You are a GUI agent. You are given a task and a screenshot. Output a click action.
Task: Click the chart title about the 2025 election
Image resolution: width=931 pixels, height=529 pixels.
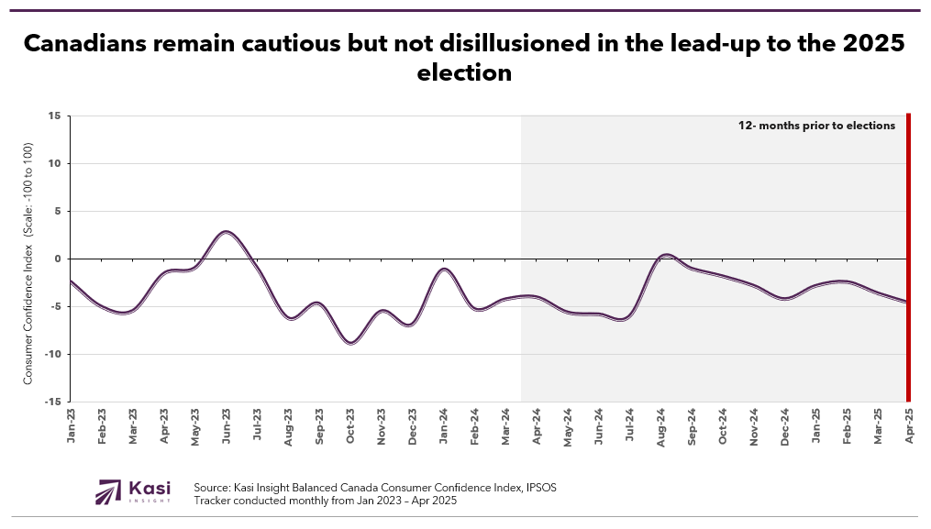click(464, 57)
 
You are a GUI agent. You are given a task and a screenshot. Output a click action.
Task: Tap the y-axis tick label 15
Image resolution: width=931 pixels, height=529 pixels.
click(55, 116)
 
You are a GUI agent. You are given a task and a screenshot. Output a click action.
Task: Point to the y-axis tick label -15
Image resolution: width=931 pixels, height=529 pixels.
click(53, 402)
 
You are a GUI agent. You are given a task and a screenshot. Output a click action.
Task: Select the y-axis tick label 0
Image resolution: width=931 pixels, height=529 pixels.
click(57, 259)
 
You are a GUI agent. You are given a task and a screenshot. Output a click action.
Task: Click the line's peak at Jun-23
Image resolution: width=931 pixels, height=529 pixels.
click(226, 232)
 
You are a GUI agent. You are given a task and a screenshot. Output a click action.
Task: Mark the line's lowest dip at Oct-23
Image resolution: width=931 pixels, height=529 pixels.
click(350, 343)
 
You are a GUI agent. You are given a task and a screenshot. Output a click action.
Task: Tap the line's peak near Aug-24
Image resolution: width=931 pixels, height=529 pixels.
click(667, 255)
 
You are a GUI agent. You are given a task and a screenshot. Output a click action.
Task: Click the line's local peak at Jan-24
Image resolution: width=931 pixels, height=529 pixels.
click(444, 270)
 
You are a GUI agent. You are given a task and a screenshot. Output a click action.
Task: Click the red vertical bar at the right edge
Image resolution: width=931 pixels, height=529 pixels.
click(908, 257)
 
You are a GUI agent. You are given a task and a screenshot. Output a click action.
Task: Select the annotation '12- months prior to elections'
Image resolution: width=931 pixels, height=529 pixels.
click(816, 126)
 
